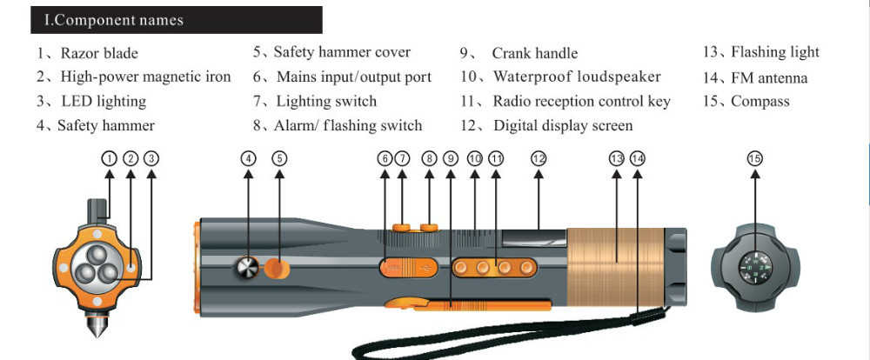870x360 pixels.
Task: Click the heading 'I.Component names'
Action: pyautogui.click(x=113, y=21)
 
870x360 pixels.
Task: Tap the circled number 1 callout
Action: pyautogui.click(x=110, y=158)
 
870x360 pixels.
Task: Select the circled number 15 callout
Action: pyautogui.click(x=754, y=158)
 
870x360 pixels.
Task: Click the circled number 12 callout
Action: pyautogui.click(x=539, y=158)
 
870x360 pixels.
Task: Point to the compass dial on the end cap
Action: pyautogui.click(x=755, y=267)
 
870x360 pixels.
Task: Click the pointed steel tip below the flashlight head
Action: pyautogui.click(x=97, y=325)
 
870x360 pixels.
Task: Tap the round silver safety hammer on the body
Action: pyautogui.click(x=246, y=267)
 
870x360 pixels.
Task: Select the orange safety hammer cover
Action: pyautogui.click(x=277, y=268)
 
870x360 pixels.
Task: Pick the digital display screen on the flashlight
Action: pyautogui.click(x=534, y=238)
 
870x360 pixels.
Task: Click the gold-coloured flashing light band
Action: pyautogui.click(x=615, y=267)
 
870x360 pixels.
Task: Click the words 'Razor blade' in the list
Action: pyautogui.click(x=99, y=53)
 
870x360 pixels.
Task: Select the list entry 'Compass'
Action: pyautogui.click(x=760, y=102)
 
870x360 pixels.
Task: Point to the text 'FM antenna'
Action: pyautogui.click(x=769, y=78)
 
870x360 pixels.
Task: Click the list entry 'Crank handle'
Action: pyautogui.click(x=535, y=53)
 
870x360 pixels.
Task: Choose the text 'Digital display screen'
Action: pyautogui.click(x=563, y=126)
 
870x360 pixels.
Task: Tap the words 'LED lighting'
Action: pyautogui.click(x=104, y=102)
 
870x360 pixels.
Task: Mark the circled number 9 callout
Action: pyautogui.click(x=451, y=158)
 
